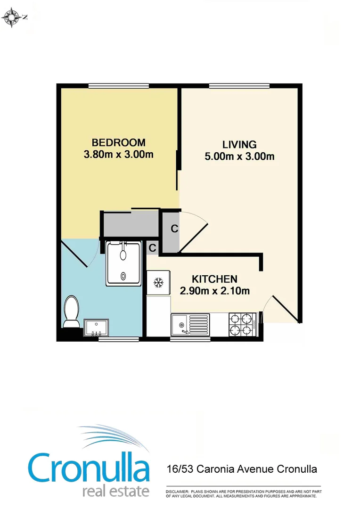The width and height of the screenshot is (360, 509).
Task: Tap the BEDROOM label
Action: pos(118,142)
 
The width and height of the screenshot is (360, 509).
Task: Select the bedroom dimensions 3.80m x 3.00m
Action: pos(118,154)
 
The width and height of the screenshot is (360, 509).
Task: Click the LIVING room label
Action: pos(239,145)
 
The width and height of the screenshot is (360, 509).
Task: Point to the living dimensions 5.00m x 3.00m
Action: pos(239,156)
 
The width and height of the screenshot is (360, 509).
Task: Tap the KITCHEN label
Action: pos(214,279)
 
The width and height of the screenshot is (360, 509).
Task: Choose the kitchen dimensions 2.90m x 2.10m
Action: pos(215,291)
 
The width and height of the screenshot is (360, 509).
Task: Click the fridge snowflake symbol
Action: pos(158,283)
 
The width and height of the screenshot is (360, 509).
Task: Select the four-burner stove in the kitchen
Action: pos(242,325)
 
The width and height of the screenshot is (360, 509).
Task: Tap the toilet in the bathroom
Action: pos(72,312)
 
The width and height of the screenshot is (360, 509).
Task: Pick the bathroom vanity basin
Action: pos(96,327)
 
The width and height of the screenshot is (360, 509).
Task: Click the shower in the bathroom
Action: pos(123,263)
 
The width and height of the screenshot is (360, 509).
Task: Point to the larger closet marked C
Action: pos(174,230)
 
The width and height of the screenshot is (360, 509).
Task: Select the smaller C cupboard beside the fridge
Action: pos(152,247)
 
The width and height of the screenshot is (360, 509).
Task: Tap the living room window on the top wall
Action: pos(239,85)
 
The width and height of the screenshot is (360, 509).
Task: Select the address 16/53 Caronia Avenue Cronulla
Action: pos(242,469)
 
